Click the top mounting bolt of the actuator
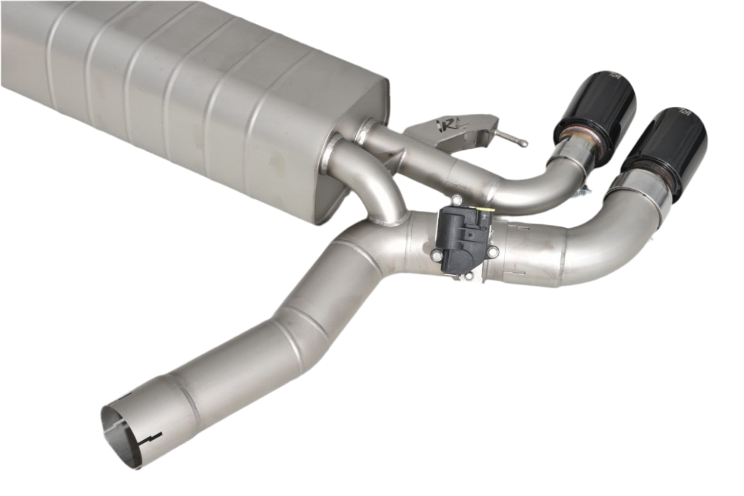pyautogui.click(x=457, y=200)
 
